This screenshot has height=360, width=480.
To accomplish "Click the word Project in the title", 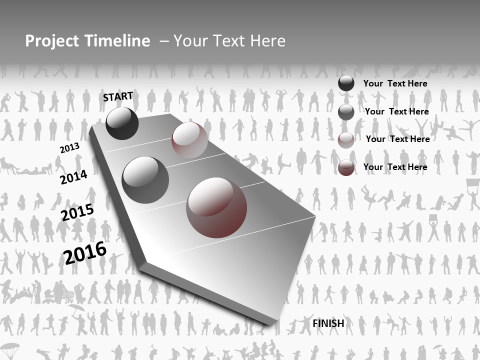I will (51, 41).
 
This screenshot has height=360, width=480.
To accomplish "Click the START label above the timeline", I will (118, 96).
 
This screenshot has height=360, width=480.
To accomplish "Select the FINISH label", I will (328, 323).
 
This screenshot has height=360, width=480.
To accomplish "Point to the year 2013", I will (69, 148).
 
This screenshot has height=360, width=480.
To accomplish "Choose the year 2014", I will (73, 177).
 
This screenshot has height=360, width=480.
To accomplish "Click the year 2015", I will (77, 212).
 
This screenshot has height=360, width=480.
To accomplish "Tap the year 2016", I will (85, 252).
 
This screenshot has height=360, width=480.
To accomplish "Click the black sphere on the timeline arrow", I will (122, 123).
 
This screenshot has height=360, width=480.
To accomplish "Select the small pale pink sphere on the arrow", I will (189, 140).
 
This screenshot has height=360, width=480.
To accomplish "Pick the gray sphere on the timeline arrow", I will (145, 180).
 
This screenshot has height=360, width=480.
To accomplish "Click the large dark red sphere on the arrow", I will (216, 207).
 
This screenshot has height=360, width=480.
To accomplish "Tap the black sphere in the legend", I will (346, 83).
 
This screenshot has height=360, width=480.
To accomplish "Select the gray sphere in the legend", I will (346, 112).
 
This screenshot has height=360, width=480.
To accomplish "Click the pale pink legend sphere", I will (346, 140).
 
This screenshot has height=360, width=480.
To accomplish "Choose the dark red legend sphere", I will (346, 167).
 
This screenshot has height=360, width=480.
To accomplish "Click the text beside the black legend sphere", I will (395, 83).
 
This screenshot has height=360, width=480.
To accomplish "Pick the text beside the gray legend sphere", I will (396, 111).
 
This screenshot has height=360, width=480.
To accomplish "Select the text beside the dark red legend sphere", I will (395, 167).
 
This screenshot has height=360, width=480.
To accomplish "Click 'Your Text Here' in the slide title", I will (229, 41).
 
